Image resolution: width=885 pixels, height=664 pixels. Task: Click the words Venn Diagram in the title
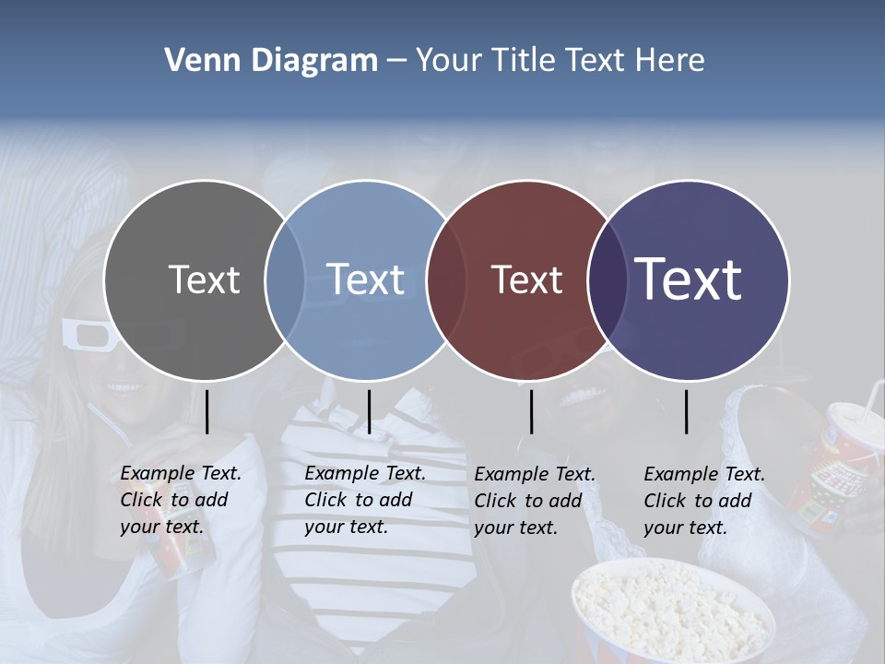[x=271, y=61]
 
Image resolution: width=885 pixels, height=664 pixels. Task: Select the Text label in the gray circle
[x=204, y=279]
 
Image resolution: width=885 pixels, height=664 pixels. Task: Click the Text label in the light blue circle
[x=365, y=279]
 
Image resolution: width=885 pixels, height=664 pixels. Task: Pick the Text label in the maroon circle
[x=526, y=279]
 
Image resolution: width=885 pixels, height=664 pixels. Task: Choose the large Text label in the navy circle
[x=689, y=279]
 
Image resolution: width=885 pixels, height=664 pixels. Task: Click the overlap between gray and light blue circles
[x=285, y=279]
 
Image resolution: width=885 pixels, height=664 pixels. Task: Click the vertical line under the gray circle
[x=206, y=411]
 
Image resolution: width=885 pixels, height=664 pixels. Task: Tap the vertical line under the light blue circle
[x=369, y=411]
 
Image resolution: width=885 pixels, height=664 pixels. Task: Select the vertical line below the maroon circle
[x=531, y=411]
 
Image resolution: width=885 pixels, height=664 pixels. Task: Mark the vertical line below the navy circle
[x=686, y=411]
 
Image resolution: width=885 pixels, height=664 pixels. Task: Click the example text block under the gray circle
[x=181, y=500]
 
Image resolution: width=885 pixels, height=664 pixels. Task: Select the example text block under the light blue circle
[x=365, y=500]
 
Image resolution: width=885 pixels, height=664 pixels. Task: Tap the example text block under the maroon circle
[x=535, y=501]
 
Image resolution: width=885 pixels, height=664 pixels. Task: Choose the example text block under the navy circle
[x=704, y=501]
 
